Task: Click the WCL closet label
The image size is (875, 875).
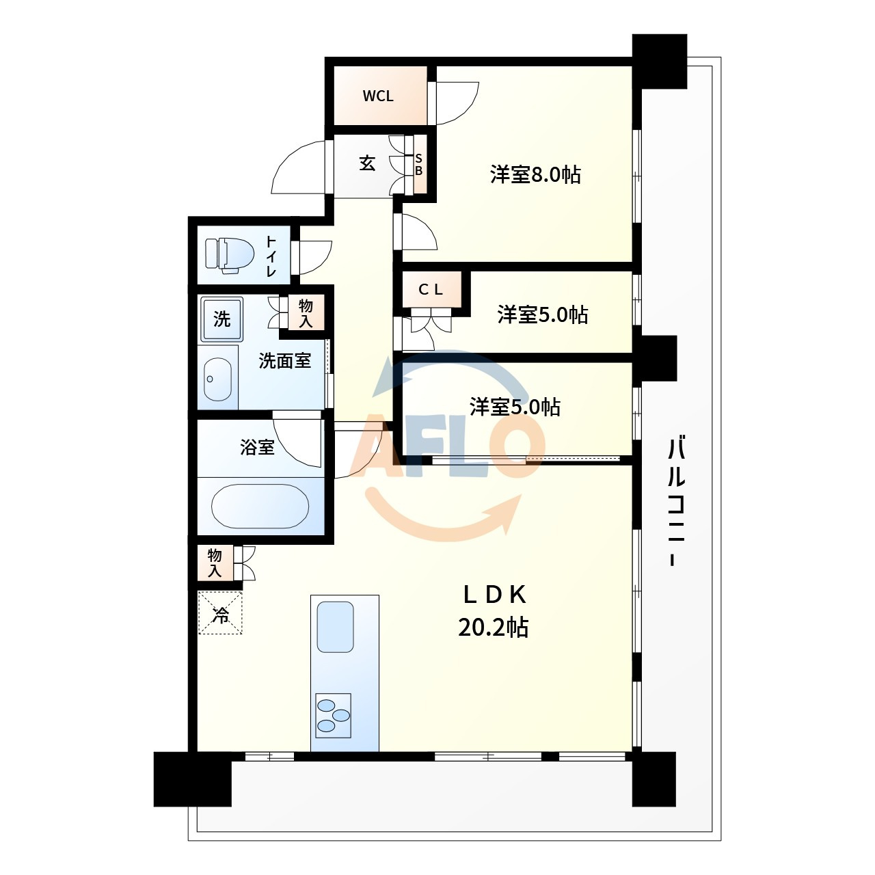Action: [x=378, y=96]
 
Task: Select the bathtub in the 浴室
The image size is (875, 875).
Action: [x=260, y=506]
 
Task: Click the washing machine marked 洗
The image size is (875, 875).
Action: [x=222, y=319]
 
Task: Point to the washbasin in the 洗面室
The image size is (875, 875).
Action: [x=218, y=379]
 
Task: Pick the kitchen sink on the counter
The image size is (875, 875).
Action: [x=335, y=627]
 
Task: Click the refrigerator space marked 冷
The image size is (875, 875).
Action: [x=220, y=612]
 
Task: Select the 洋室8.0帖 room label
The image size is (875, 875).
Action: [x=535, y=175]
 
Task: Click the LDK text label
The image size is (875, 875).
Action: [x=494, y=595]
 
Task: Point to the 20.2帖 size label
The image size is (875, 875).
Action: [x=493, y=628]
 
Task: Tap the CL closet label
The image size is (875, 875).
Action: [x=431, y=290]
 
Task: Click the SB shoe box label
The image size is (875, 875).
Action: [x=418, y=165]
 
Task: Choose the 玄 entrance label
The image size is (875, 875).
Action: [x=367, y=163]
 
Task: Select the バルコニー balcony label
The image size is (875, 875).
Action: [x=676, y=500]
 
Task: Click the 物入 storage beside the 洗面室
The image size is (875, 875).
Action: [x=306, y=313]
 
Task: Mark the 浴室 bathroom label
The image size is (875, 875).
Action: [x=258, y=448]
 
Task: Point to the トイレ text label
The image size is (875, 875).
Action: [x=271, y=256]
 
